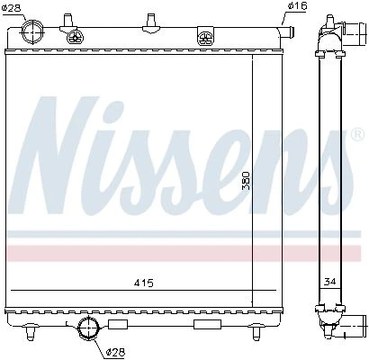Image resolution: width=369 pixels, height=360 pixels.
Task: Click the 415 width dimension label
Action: coord(144,283)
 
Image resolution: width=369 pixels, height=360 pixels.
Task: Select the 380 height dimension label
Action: coord(246,181)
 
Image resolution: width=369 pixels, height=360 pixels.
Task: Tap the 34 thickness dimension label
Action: coord(329,282)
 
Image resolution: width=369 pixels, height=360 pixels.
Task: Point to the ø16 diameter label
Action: coord(297,6)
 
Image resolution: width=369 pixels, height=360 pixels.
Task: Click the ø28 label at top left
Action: coord(11,7)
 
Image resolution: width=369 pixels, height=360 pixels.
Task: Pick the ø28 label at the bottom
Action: coord(116,352)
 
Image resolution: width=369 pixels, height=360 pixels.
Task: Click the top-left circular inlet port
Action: coord(31,31)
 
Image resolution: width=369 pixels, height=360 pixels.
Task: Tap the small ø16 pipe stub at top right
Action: coord(287,31)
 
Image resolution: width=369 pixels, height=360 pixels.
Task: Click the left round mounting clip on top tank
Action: coord(76,38)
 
